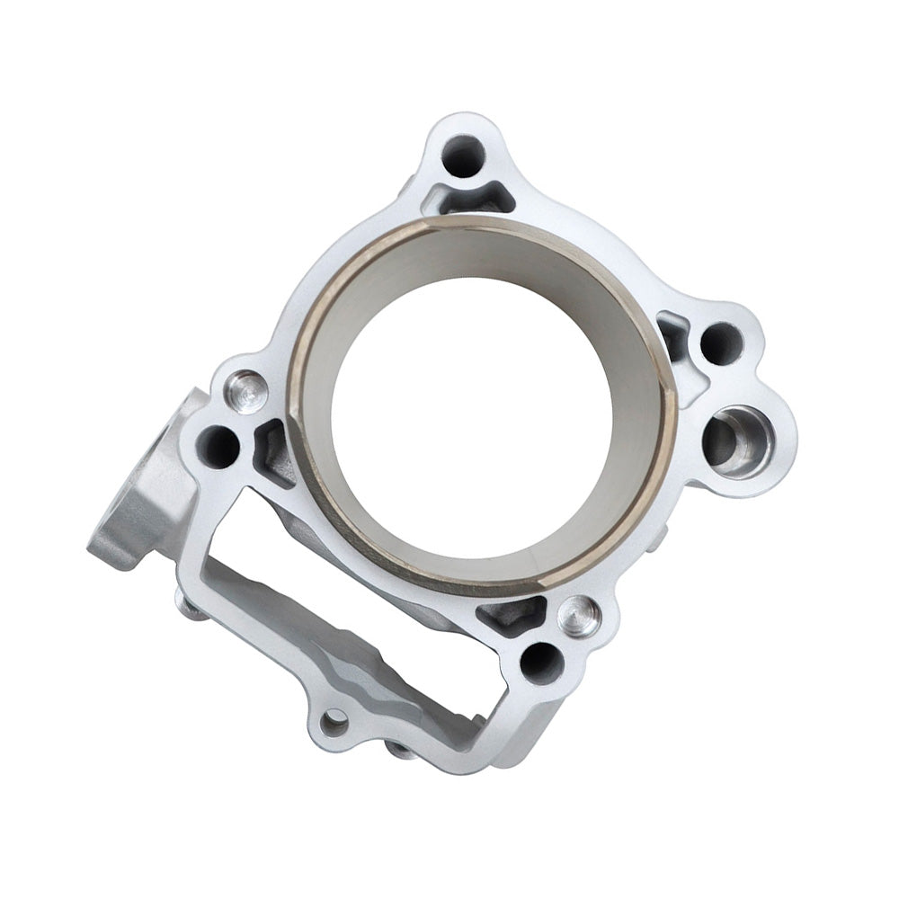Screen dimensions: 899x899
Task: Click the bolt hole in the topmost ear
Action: coord(463,156)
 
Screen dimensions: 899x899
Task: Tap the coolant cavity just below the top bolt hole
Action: coord(467,197)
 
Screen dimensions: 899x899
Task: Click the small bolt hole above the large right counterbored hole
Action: coord(721,343)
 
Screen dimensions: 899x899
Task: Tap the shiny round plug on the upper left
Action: coord(246,392)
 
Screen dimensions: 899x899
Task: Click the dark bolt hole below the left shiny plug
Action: coord(218,446)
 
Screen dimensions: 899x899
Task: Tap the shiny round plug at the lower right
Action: coord(579,617)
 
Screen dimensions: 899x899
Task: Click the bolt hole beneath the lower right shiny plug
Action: coord(541,663)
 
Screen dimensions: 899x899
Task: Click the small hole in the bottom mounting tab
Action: coord(334,721)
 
